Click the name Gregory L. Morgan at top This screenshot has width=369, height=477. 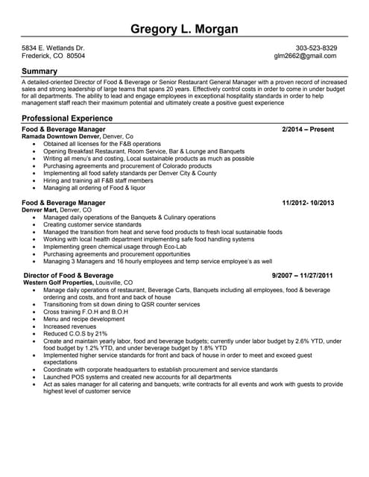[x=184, y=29]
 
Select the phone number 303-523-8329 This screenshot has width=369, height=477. [x=316, y=48]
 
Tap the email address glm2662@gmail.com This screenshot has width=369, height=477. [x=306, y=56]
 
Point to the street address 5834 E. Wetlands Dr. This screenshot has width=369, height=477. [x=53, y=48]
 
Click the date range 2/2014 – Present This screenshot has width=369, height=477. [x=308, y=130]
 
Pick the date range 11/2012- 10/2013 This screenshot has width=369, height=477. [x=308, y=203]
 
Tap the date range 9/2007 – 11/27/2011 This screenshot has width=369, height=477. [x=302, y=276]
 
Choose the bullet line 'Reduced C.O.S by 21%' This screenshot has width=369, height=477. [x=75, y=333]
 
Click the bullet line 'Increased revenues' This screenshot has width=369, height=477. [x=70, y=326]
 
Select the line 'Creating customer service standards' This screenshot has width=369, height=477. [x=92, y=224]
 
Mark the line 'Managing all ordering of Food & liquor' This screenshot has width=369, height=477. [x=95, y=188]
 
